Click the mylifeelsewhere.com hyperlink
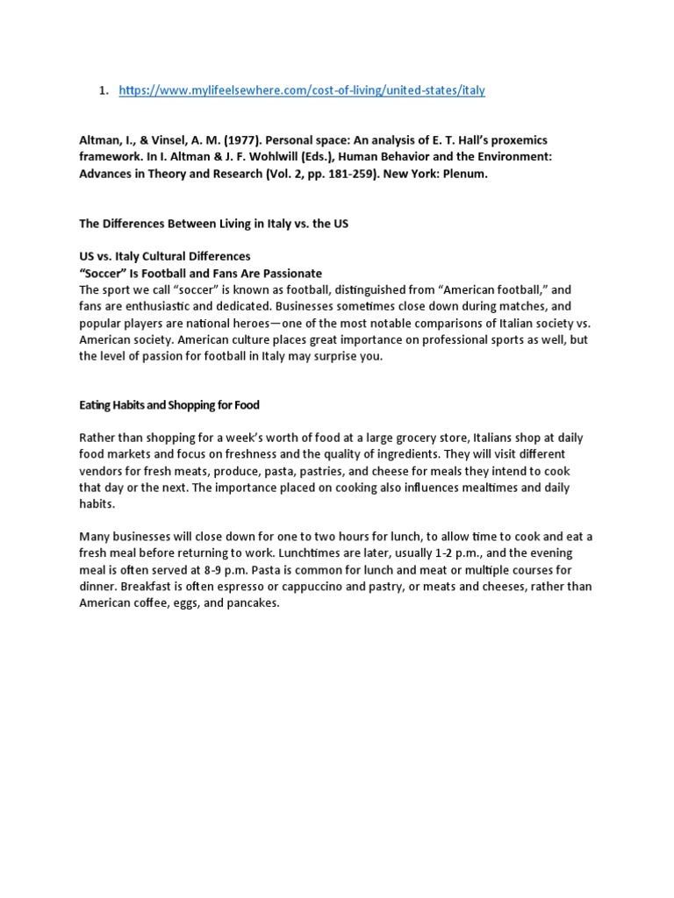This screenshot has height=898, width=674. pos(302,90)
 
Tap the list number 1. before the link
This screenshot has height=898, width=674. pos(103,90)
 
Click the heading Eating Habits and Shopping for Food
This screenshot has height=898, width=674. pos(169,405)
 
